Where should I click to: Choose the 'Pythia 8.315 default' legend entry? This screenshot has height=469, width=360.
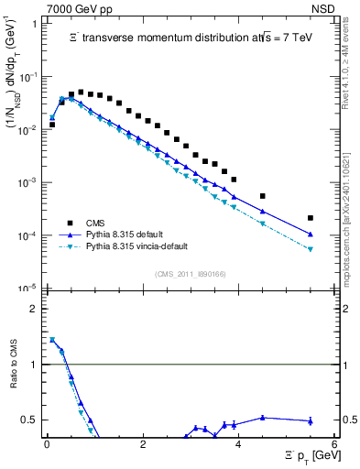click(x=131, y=234)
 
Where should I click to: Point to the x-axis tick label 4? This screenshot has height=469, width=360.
click(x=238, y=444)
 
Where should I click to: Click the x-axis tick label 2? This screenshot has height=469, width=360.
click(x=142, y=444)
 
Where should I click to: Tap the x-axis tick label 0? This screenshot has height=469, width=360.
click(x=47, y=444)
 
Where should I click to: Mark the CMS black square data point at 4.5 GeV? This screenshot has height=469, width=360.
click(x=263, y=196)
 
